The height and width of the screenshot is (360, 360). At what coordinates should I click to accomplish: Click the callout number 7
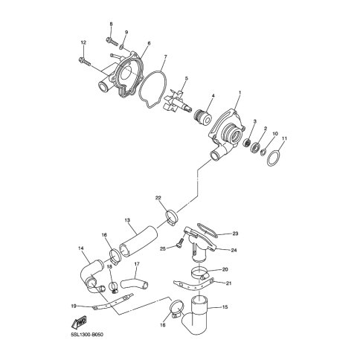click(165, 57)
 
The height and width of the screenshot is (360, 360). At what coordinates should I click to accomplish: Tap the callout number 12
click(83, 42)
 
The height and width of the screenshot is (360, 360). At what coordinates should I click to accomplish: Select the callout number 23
click(235, 234)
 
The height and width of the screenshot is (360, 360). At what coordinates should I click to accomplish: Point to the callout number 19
click(74, 306)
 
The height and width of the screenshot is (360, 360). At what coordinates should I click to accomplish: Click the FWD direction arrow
click(79, 323)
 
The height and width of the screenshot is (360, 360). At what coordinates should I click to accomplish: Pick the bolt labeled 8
click(112, 42)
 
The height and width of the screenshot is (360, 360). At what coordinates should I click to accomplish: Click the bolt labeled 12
click(85, 61)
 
